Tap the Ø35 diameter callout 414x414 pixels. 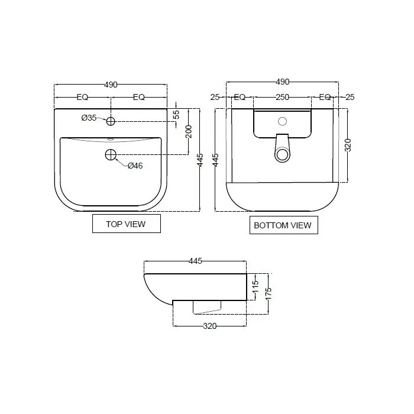(x=89, y=118)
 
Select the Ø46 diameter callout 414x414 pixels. (x=135, y=166)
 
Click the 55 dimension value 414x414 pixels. (x=176, y=114)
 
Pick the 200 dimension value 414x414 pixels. (x=189, y=132)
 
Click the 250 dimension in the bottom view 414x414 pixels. (x=282, y=97)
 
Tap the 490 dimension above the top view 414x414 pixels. (x=111, y=85)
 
